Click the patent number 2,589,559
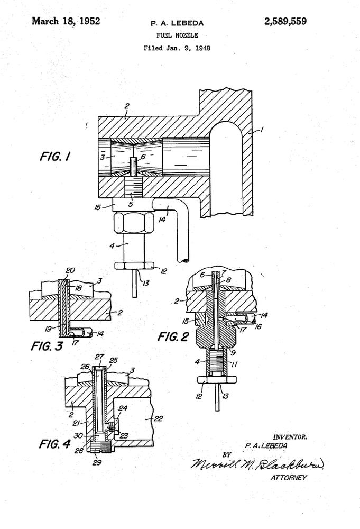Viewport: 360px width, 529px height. point(285,22)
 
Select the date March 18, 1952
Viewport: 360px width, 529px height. point(66,21)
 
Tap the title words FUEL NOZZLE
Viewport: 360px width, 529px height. point(177,35)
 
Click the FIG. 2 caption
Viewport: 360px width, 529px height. point(173,336)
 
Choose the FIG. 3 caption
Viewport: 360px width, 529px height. point(47,346)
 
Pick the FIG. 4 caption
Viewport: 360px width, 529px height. point(54,444)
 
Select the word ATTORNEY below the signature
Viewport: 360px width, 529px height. point(289,478)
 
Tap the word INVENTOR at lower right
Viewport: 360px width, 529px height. point(290,437)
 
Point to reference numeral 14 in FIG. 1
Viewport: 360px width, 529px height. point(162,220)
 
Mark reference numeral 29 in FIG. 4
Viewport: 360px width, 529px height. point(97,462)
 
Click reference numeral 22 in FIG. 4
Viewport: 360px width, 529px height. point(158,418)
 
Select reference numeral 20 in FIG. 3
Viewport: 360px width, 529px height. point(70,270)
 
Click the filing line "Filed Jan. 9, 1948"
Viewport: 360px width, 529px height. point(177,48)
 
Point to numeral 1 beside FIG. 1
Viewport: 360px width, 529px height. point(262,129)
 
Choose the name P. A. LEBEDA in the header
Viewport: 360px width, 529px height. point(177,23)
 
